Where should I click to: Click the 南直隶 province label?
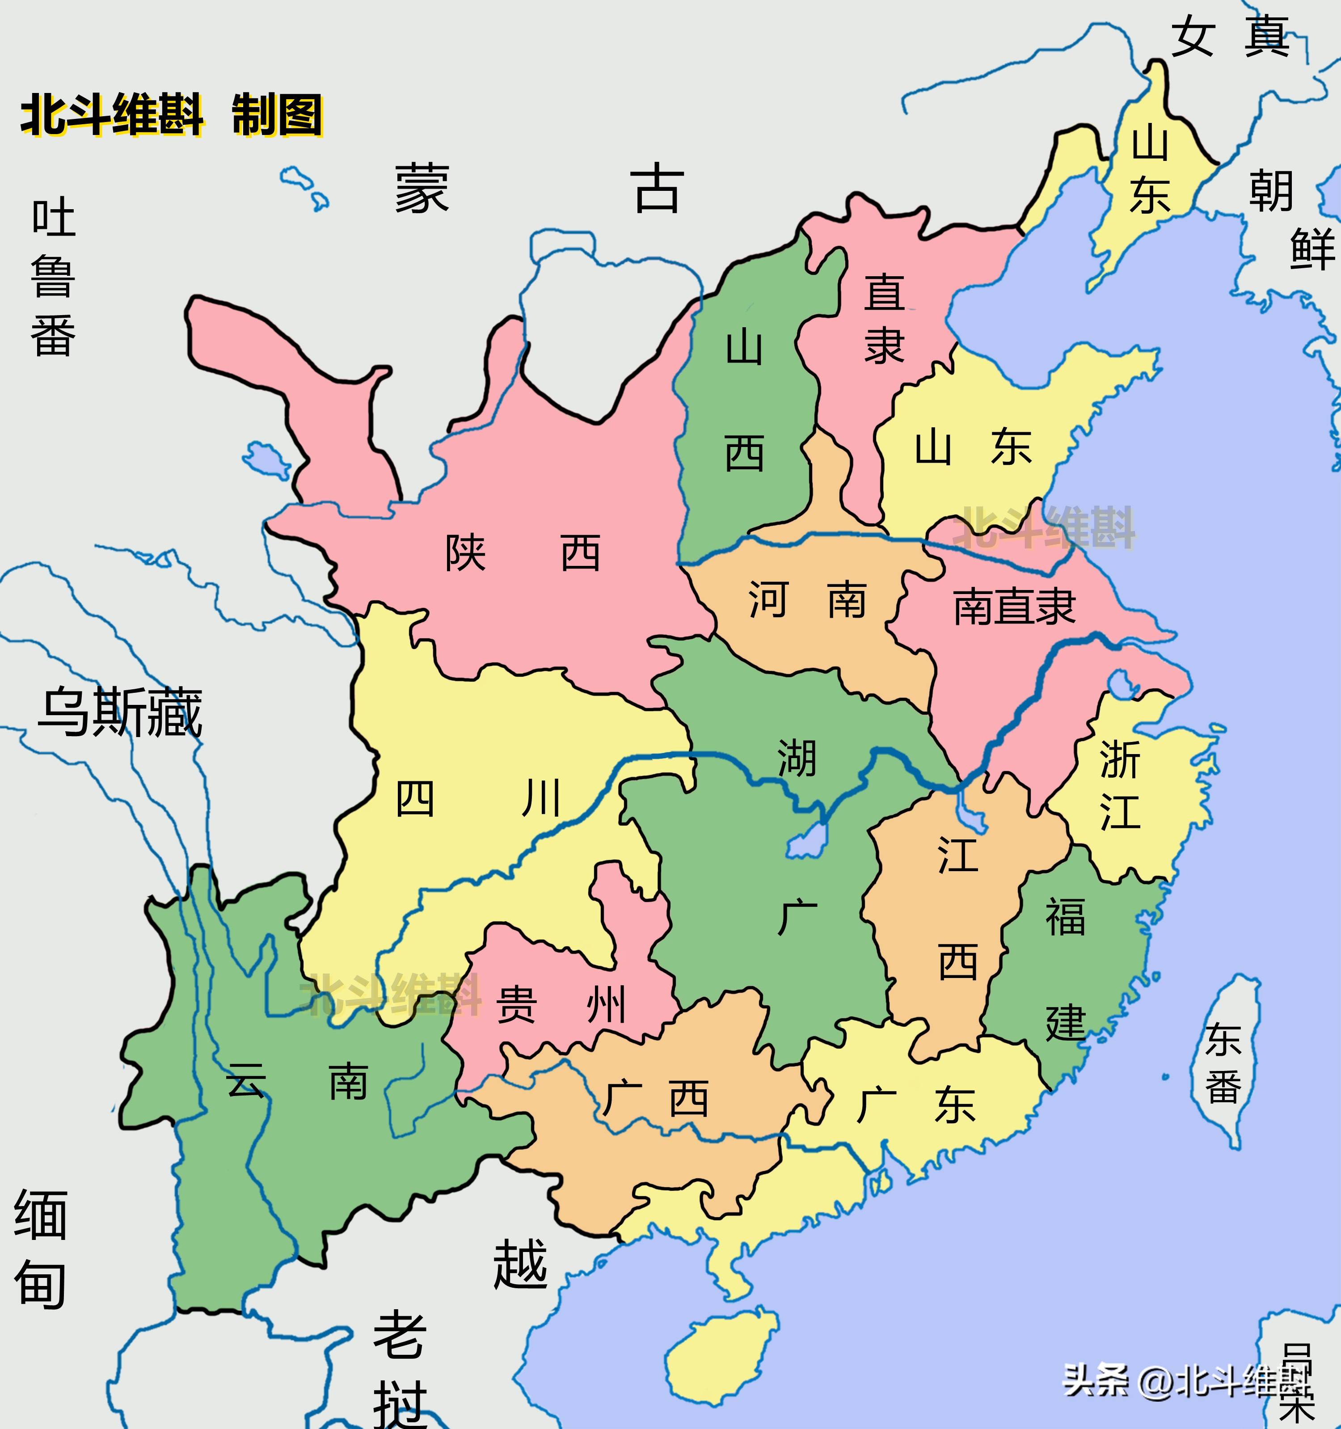point(1014,606)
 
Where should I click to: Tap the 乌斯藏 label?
point(120,713)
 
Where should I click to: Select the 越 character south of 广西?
point(520,1264)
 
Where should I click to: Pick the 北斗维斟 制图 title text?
point(171,115)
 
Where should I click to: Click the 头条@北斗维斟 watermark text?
point(1186,1378)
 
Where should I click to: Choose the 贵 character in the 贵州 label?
point(516,1005)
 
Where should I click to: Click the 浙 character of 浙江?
point(1120,760)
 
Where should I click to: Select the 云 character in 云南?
point(245,1080)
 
